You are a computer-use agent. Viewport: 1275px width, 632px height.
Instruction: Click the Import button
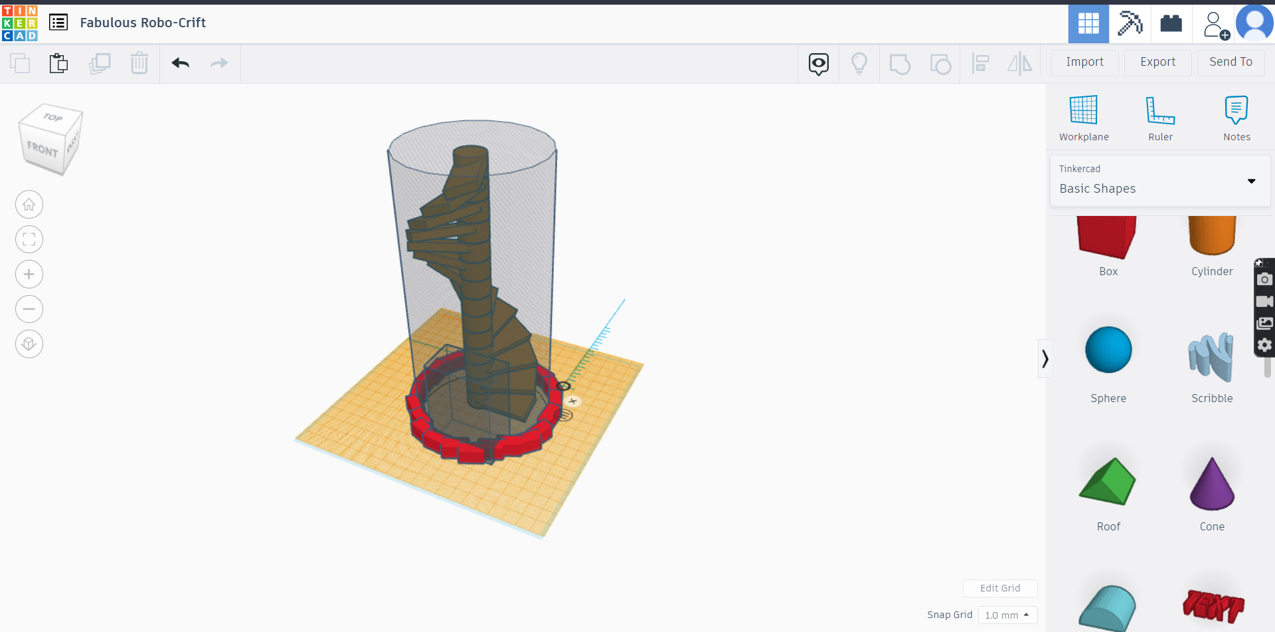[1084, 62]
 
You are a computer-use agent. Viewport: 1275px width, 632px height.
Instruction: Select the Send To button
[1230, 62]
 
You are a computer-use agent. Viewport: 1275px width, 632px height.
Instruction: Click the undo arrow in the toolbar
[181, 63]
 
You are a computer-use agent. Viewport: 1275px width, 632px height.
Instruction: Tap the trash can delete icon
[139, 63]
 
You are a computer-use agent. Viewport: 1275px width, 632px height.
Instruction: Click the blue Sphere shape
[1108, 350]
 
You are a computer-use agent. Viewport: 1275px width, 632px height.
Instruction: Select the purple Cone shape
[1211, 484]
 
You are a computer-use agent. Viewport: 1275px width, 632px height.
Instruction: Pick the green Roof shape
[1108, 482]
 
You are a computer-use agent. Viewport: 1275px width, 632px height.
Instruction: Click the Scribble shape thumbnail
[1211, 357]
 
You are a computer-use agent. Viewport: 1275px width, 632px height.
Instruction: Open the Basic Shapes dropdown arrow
[1251, 181]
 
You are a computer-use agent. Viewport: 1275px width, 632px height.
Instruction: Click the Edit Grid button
[999, 588]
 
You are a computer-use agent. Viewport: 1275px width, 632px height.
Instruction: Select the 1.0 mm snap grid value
[1007, 615]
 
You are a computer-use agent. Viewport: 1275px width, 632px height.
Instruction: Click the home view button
[29, 205]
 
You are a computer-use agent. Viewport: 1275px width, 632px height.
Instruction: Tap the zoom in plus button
[29, 274]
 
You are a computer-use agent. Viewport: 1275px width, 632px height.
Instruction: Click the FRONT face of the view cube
[42, 150]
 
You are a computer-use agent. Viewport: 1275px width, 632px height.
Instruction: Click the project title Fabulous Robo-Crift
[143, 23]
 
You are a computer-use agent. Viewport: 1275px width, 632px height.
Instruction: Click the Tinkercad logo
[20, 23]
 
